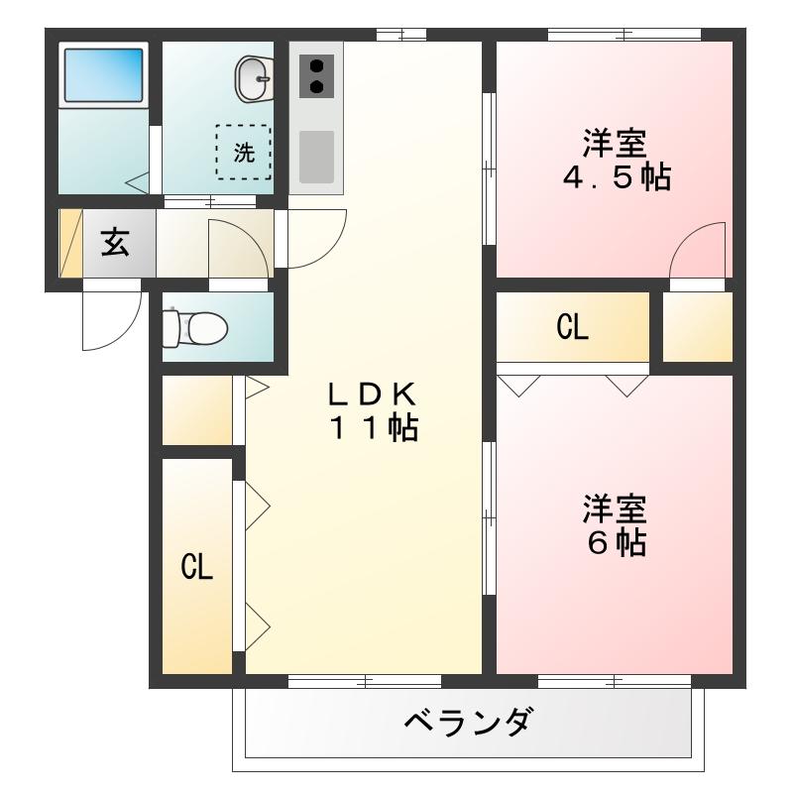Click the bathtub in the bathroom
(104, 74)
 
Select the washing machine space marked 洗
(244, 152)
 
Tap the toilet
(196, 326)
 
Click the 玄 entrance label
(115, 243)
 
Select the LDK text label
(372, 394)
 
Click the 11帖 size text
(374, 429)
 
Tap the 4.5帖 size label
(616, 178)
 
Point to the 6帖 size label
(616, 542)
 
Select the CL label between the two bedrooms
(573, 328)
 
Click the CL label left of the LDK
(196, 567)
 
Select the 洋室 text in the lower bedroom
(615, 509)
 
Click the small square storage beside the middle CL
(697, 328)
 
